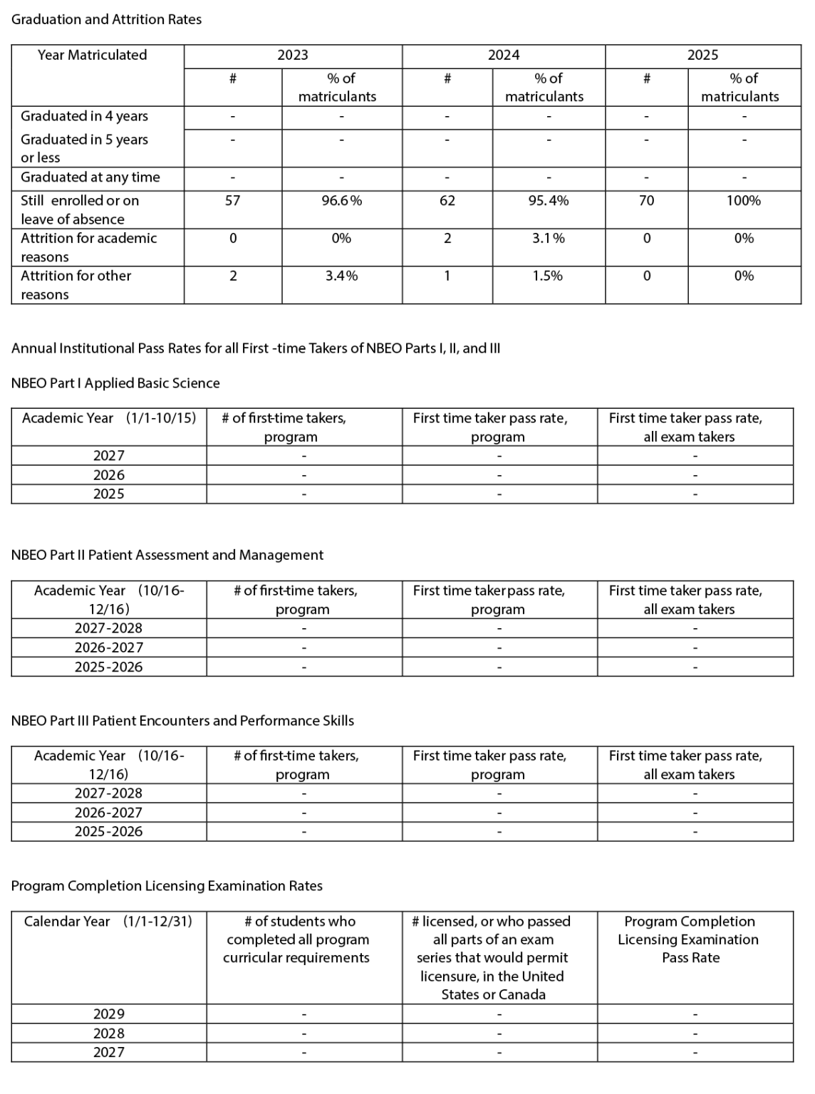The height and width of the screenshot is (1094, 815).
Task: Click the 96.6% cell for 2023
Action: pos(341,201)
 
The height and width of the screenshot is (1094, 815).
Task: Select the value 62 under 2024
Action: pos(447,201)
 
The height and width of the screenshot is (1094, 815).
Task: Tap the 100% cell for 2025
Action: pos(743,201)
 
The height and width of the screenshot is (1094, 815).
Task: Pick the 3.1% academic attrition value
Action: pos(548,239)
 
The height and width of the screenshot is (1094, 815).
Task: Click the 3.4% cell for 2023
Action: pos(341,276)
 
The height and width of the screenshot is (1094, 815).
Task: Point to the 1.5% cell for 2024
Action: pos(547,276)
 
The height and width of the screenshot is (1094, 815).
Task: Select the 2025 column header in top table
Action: pos(702,56)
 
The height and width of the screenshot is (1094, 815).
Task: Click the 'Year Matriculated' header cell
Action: pos(92,56)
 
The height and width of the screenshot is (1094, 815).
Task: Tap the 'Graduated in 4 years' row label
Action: pos(84,116)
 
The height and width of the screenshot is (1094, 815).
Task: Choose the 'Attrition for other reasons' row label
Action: pos(76,284)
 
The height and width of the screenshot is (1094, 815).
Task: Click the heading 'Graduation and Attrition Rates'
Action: pos(106,20)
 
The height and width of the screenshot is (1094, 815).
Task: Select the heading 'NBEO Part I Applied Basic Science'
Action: pos(115,383)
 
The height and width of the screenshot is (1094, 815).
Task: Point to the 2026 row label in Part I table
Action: pos(108,475)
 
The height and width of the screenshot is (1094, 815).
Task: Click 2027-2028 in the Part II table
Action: pos(108,628)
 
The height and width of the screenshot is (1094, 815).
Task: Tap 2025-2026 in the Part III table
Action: pos(108,831)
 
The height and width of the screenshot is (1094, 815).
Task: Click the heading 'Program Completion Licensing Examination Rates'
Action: pos(167,886)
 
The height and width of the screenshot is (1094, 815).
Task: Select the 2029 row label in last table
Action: pos(108,1014)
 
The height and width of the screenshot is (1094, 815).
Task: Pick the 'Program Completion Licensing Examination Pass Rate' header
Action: pos(689,939)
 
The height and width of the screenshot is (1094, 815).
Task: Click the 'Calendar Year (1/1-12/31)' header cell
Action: pos(108,922)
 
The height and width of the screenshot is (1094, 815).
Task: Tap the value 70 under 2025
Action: pos(646,201)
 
